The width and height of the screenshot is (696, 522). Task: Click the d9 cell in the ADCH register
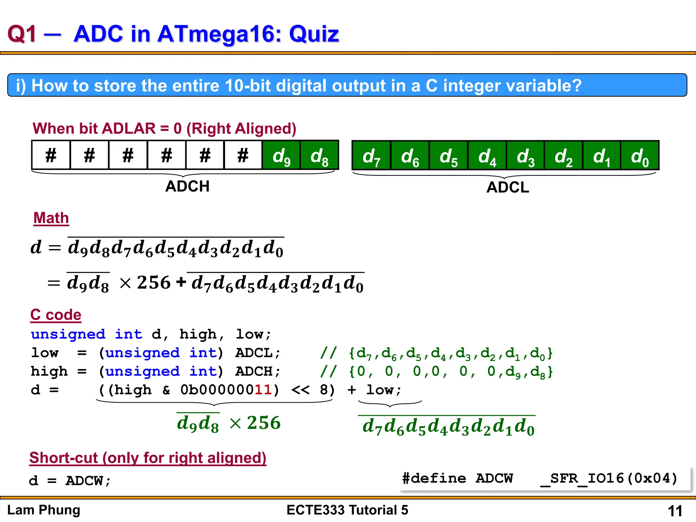[281, 155]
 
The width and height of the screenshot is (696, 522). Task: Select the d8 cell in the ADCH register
[319, 155]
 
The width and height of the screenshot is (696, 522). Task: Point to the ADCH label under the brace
[187, 186]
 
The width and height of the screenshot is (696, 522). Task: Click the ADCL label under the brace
[508, 187]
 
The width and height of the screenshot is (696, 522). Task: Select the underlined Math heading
[51, 218]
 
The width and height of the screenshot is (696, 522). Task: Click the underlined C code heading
[56, 315]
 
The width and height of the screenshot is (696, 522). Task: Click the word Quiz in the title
[314, 34]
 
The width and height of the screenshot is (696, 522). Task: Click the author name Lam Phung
[43, 510]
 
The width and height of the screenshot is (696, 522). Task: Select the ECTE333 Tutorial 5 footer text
[347, 510]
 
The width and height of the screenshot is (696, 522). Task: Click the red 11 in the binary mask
[263, 390]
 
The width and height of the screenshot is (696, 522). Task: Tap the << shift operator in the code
[300, 390]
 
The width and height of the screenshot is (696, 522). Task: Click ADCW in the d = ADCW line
[84, 481]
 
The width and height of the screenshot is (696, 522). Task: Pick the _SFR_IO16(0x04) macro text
[609, 478]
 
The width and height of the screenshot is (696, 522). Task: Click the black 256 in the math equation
[154, 282]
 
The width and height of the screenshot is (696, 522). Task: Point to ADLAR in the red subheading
[128, 128]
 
